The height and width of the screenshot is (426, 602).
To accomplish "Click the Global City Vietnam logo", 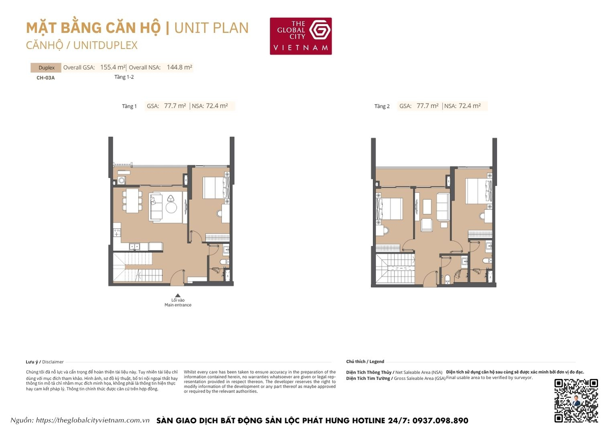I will click(x=301, y=36).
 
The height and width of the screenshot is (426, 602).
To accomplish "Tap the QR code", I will click(x=576, y=401).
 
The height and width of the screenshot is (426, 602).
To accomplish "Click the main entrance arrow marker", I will click(x=178, y=295).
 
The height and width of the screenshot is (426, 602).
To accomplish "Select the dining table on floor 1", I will click(x=132, y=200).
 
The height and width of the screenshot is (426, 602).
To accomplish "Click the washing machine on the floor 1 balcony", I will click(x=122, y=181).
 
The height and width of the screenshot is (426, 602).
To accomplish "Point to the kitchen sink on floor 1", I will click(x=134, y=246).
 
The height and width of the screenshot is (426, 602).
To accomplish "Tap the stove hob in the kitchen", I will click(x=117, y=232).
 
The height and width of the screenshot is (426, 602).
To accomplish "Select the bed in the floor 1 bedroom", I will click(x=216, y=187).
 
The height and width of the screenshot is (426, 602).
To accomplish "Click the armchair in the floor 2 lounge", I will click(x=427, y=225).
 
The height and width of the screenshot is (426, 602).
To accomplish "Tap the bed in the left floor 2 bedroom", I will click(x=389, y=209).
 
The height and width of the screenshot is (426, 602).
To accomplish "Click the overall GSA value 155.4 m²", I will click(x=113, y=68).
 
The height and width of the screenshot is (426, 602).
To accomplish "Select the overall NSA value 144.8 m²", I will click(x=179, y=68).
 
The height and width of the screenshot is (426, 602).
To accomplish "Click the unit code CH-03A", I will click(x=45, y=78).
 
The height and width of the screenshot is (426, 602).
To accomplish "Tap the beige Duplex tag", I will click(x=46, y=68).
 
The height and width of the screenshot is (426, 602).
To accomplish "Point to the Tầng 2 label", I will click(x=382, y=106).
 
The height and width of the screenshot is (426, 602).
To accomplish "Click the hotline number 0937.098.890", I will click(x=440, y=420).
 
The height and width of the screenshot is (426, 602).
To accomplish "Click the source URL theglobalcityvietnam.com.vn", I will click(x=92, y=420).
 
